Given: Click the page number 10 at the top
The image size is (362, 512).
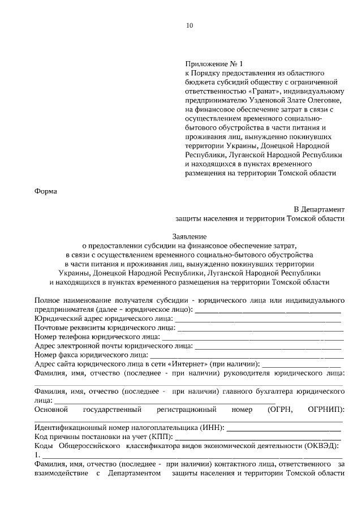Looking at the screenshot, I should pyautogui.click(x=189, y=25).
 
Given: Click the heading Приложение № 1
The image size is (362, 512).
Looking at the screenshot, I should pyautogui.click(x=213, y=64).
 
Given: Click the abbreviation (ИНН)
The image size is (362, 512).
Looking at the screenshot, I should pyautogui.click(x=210, y=427).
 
